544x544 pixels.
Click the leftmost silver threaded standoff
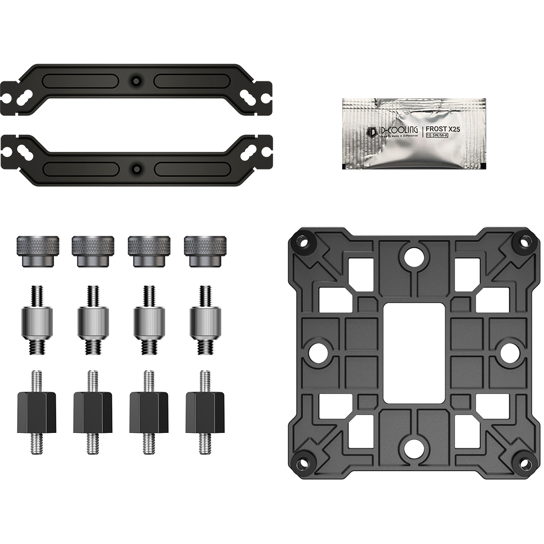(x=37, y=320)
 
